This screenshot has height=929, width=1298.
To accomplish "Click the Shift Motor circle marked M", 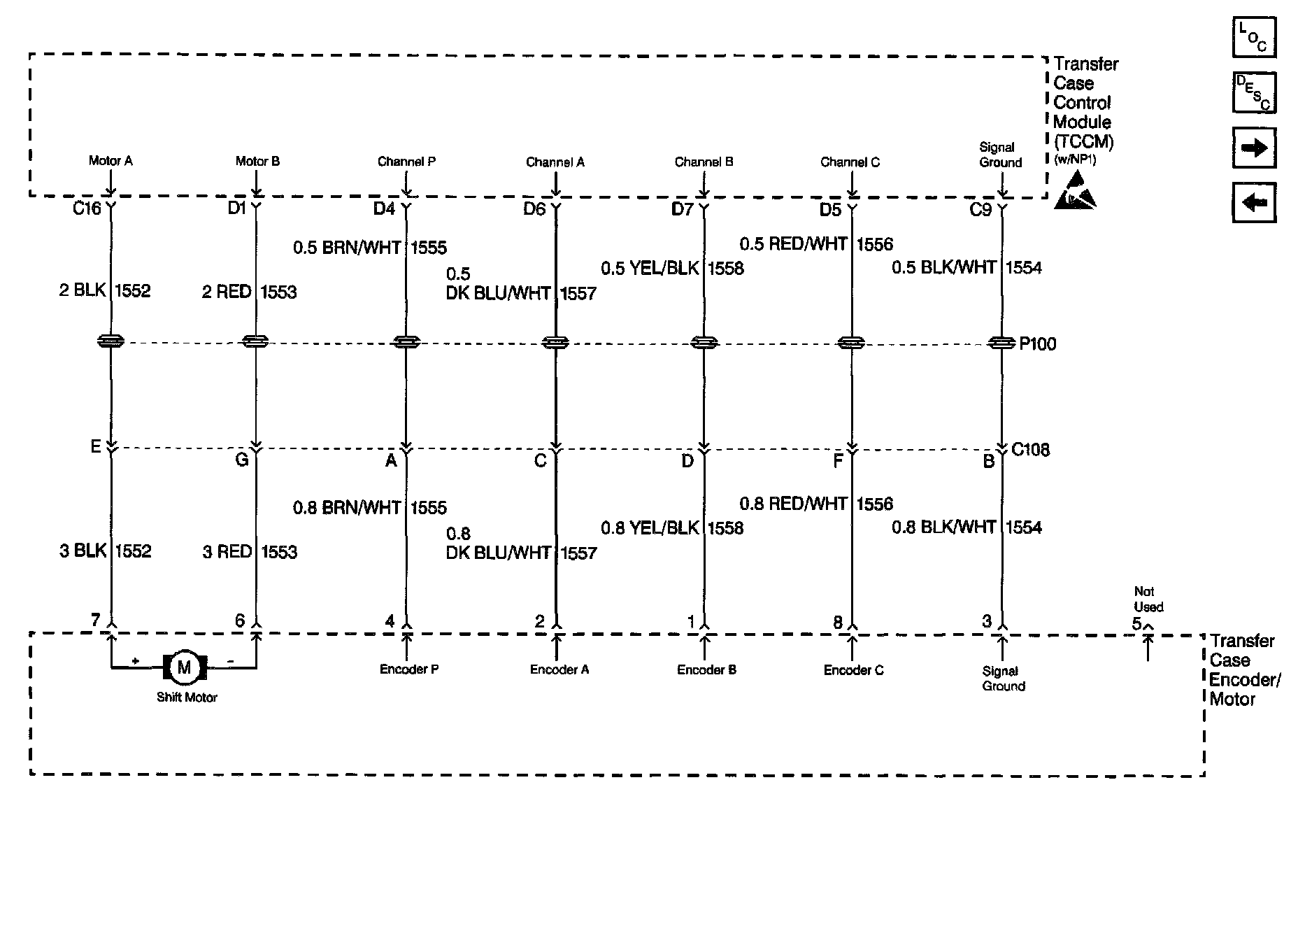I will (185, 667).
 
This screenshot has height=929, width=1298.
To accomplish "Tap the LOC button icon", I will (1254, 37).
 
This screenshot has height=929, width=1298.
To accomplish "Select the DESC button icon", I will (1254, 92).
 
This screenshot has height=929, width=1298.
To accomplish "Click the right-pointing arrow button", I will (1254, 148).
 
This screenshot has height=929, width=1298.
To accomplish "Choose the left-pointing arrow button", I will (1254, 203).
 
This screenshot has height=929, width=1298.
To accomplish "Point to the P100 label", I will (1038, 344).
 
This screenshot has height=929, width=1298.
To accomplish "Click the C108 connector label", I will (1030, 450).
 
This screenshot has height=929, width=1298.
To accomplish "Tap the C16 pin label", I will (87, 208).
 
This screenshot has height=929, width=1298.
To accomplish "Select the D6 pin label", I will (534, 209).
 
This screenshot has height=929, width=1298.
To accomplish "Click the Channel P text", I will (406, 162).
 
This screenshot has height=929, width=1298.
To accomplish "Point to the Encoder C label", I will (853, 670).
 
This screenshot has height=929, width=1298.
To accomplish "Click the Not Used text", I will (1148, 600).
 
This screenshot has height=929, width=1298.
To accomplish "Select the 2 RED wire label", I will (227, 292).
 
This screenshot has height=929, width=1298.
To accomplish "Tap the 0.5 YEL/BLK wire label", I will (650, 269).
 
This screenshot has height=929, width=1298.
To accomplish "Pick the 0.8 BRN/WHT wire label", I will (347, 508).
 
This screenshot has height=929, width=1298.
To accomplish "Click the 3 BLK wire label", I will (83, 551).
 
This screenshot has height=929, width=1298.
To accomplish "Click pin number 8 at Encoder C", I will (838, 622).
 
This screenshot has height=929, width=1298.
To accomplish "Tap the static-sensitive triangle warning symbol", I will (1074, 191).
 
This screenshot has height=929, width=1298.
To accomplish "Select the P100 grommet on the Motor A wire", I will (110, 341).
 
